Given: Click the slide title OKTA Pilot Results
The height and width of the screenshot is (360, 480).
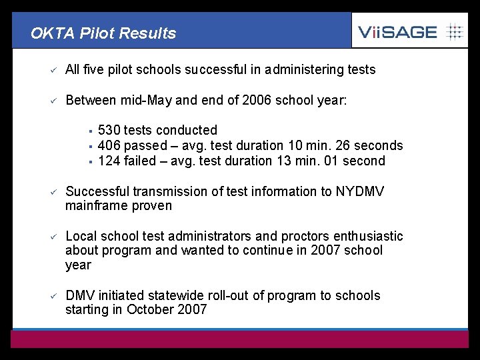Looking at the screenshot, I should point(103,33).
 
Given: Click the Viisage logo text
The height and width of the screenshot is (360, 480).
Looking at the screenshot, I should point(397,31).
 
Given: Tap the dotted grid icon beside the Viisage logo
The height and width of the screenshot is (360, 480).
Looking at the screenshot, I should point(454,31).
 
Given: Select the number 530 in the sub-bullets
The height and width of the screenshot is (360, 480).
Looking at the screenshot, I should point(109,130).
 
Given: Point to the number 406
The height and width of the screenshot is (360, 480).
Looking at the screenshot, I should point(109,145).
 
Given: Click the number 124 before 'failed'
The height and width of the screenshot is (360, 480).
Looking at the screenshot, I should point(109,161).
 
